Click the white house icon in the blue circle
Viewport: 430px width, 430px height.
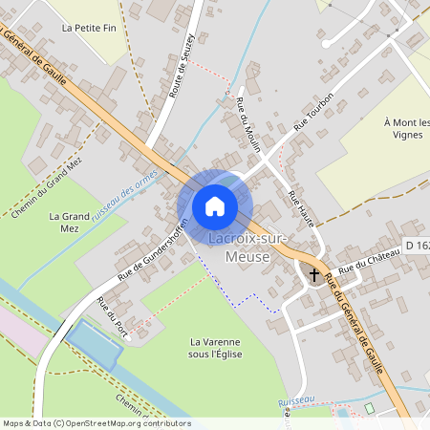pos(215,205)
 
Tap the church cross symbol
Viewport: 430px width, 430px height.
pos(314,274)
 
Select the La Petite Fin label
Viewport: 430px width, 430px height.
pos(87,29)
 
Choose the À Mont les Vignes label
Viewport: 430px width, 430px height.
pos(407,129)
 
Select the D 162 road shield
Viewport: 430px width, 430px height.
pos(416,246)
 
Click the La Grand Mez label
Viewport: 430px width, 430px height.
pos(68,223)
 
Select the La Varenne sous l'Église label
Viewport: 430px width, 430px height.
pos(216,348)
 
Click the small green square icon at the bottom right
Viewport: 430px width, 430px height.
pos(369,409)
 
